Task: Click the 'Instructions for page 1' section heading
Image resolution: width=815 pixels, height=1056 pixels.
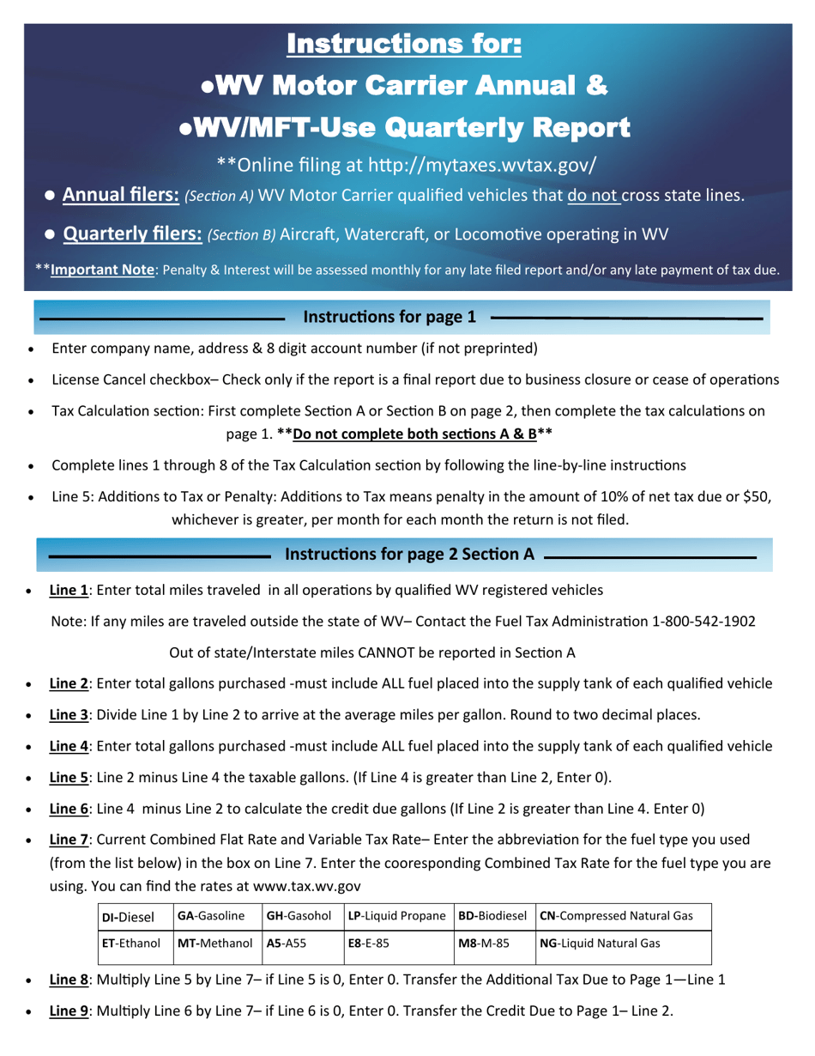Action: (389, 317)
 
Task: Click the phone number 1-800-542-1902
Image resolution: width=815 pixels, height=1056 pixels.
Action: (703, 621)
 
